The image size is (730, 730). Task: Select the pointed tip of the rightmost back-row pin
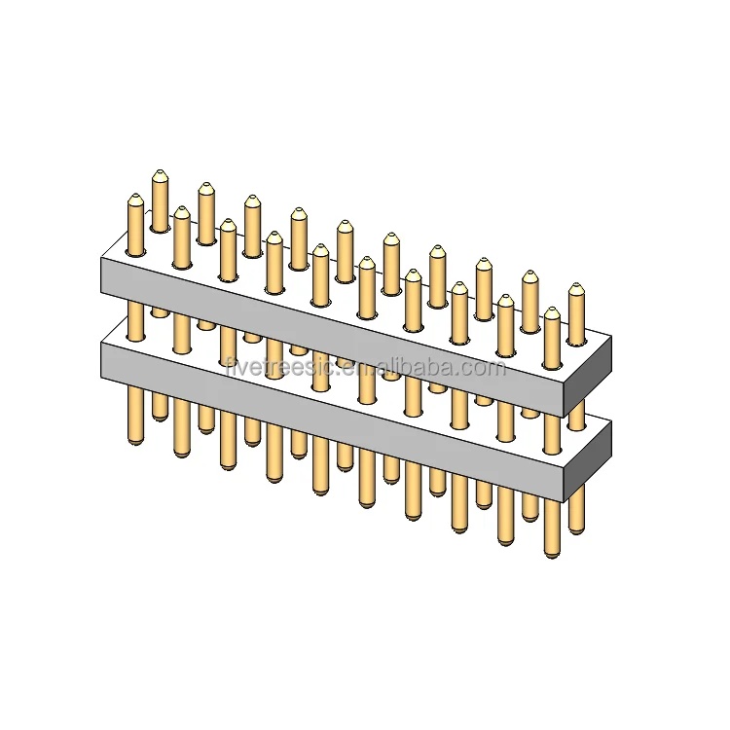[576, 288]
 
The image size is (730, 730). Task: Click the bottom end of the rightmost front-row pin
[552, 553]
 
